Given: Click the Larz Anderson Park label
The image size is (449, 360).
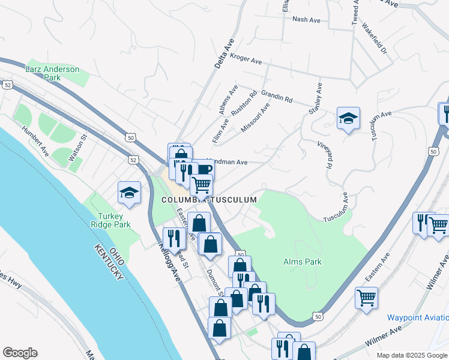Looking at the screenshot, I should (52, 73).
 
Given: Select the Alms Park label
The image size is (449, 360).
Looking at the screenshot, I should (302, 262).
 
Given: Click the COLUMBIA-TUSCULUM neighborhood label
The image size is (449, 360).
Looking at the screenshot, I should (209, 199).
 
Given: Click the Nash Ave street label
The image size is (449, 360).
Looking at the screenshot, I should (306, 20).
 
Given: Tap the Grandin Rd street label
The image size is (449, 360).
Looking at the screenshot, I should (276, 96).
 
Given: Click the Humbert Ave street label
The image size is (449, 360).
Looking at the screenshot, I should (35, 141).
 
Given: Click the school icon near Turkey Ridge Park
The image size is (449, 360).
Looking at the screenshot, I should (129, 193).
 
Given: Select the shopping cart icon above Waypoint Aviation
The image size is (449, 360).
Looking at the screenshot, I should (366, 298).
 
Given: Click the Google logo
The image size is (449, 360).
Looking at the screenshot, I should (20, 353).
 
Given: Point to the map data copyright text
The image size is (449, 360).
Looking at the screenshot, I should (412, 355).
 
